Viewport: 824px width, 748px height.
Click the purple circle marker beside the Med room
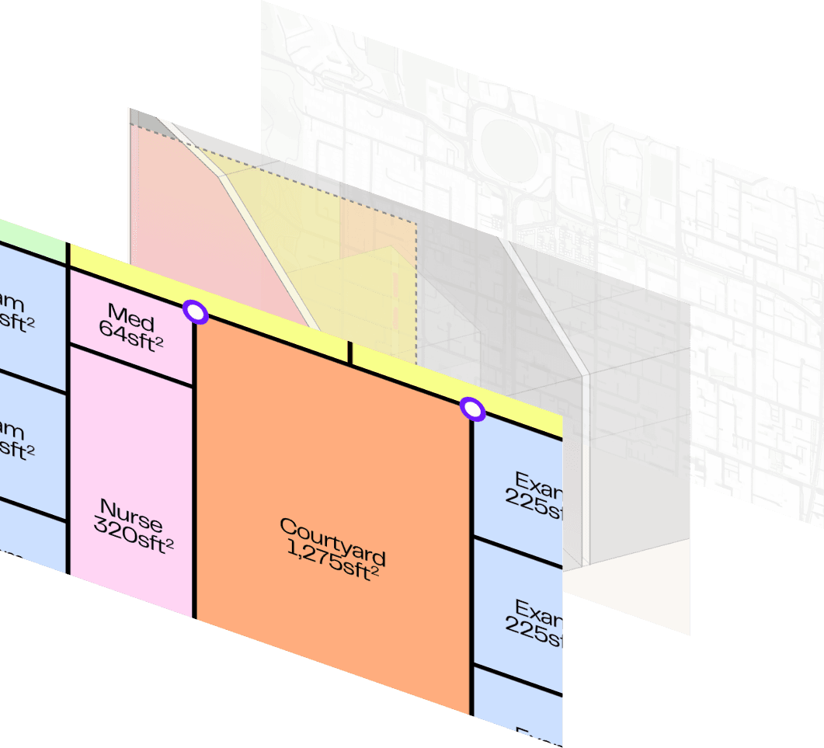point(196,312)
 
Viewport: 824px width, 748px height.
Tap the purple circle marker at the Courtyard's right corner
point(471,409)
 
